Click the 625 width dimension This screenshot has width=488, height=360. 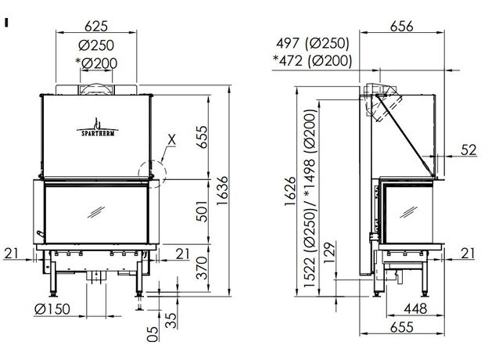pyautogui.click(x=96, y=26)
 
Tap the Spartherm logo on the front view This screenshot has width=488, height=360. pyautogui.click(x=98, y=128)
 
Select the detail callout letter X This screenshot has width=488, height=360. pyautogui.click(x=171, y=140)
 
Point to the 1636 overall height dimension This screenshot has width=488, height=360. pyautogui.click(x=223, y=191)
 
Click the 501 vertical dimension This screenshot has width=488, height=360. pyautogui.click(x=202, y=211)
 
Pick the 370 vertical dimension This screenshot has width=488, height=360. pyautogui.click(x=202, y=268)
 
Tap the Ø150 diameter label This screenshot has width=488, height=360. pyautogui.click(x=52, y=309)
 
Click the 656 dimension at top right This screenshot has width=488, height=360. pyautogui.click(x=401, y=26)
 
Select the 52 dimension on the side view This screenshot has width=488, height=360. pyautogui.click(x=468, y=149)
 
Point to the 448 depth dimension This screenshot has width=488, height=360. pyautogui.click(x=415, y=308)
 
